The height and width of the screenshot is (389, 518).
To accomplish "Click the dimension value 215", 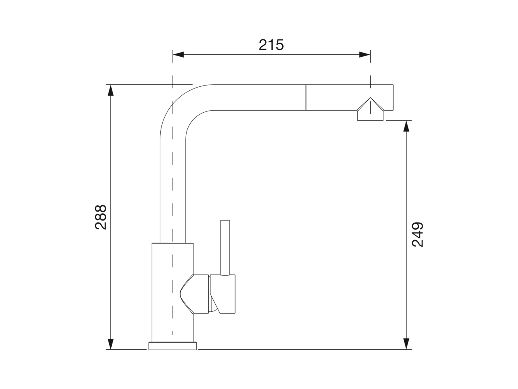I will [271, 45].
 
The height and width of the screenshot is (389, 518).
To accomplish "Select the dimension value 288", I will [101, 217].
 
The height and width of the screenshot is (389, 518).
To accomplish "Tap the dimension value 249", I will [417, 234].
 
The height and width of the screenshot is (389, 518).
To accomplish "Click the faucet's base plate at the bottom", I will [173, 346].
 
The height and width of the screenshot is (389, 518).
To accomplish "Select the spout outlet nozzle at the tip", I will [370, 116].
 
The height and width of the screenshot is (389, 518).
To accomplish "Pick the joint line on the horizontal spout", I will [306, 97].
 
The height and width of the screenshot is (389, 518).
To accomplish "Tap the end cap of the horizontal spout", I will [388, 97].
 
